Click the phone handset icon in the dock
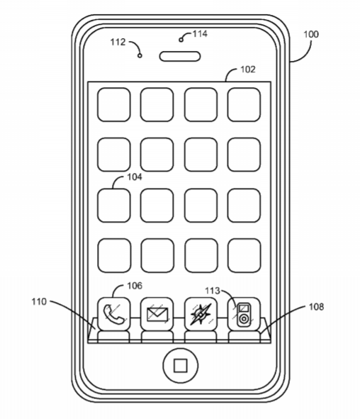coord(114,314)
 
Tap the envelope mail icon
coord(157,314)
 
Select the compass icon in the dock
coord(201,314)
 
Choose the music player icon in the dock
coord(244,314)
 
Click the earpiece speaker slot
coord(180,57)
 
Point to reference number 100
coord(311,34)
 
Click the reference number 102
coord(248,69)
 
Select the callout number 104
coord(135,177)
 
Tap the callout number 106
coord(135,286)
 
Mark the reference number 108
coord(316,307)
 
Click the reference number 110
coord(39,302)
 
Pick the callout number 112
coord(118,42)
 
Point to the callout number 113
coord(213,291)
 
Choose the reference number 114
coord(200,34)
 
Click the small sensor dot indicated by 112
coord(140,55)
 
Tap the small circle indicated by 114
coord(181,40)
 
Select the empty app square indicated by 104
coord(114,206)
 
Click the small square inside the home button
coord(181,366)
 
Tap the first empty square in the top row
coord(114,105)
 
